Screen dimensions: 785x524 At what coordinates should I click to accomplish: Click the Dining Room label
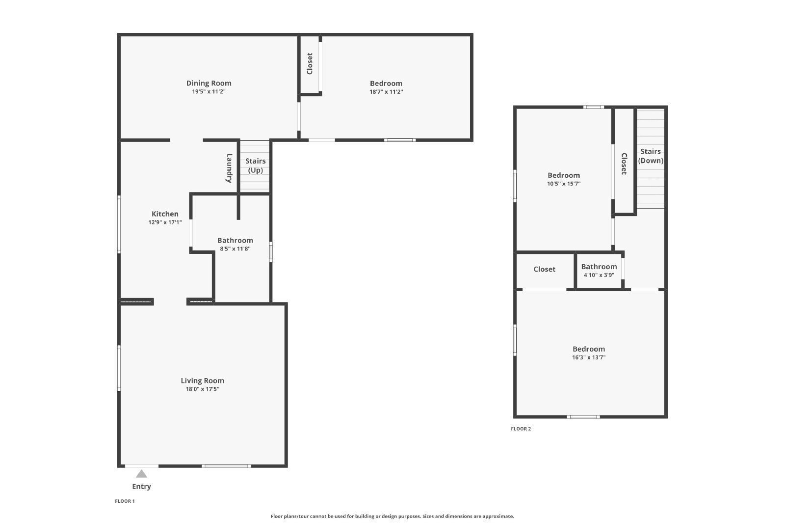tap(209, 83)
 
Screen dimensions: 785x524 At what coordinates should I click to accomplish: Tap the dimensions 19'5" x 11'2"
tap(209, 91)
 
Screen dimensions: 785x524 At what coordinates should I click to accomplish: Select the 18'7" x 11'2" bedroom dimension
tap(386, 91)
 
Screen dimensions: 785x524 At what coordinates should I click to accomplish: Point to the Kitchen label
tap(165, 214)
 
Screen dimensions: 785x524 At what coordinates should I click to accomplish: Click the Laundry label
tap(229, 168)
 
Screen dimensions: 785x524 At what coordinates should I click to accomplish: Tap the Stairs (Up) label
tap(256, 165)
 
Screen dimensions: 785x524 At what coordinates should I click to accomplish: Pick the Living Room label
tap(202, 381)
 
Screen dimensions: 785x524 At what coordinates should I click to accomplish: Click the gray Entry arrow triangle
tap(141, 474)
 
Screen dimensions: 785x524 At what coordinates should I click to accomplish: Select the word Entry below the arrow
tap(141, 487)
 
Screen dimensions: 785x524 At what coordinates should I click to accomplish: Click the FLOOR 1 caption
tap(125, 501)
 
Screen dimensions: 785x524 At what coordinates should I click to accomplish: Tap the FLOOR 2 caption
tap(521, 429)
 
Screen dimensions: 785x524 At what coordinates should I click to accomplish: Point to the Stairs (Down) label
tap(651, 156)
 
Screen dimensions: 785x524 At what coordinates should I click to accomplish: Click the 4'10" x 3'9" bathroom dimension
tap(599, 275)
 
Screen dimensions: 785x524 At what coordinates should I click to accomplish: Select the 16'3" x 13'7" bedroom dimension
tap(589, 358)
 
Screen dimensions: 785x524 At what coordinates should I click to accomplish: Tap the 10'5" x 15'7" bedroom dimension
tap(564, 184)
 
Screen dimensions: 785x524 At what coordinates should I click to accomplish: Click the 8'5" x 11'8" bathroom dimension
tap(235, 248)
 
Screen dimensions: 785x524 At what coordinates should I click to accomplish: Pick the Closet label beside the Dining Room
tap(310, 63)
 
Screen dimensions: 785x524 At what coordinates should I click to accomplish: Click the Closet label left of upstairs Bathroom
tap(544, 269)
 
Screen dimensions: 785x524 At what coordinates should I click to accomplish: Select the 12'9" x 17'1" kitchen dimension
tap(165, 222)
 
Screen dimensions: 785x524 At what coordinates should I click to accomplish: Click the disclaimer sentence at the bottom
tap(392, 516)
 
